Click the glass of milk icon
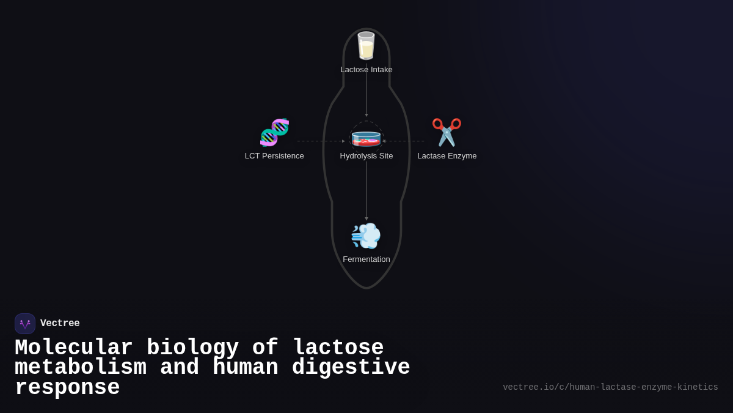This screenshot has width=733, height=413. (366, 46)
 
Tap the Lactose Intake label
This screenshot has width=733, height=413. (366, 70)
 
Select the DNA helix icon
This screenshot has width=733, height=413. (274, 133)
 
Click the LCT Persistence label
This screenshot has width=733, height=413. (274, 156)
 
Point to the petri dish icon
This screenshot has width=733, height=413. (366, 138)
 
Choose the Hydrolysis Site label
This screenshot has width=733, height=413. (366, 156)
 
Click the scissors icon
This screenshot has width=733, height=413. (447, 133)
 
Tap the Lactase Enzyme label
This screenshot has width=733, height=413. (447, 156)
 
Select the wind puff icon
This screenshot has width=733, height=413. (366, 236)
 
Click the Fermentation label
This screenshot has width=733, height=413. (366, 259)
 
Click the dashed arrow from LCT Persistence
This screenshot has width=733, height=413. (321, 141)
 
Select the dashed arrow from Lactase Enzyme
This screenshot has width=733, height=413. (404, 141)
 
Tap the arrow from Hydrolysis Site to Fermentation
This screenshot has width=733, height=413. (366, 190)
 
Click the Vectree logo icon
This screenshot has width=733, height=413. (25, 324)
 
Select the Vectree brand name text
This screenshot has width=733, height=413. (60, 324)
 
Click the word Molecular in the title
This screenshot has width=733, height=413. (74, 348)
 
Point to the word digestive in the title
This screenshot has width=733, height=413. (351, 368)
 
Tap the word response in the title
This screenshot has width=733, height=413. (67, 388)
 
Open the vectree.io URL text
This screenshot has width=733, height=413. (610, 387)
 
